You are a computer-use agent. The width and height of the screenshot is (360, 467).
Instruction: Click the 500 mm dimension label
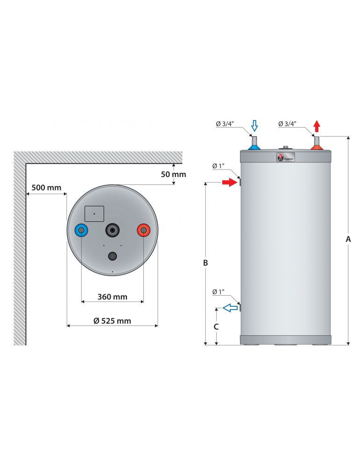pyautogui.click(x=46, y=188)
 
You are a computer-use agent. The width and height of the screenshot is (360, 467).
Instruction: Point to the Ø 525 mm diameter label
pyautogui.click(x=112, y=321)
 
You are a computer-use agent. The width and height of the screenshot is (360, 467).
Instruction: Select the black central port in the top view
pyautogui.click(x=113, y=229)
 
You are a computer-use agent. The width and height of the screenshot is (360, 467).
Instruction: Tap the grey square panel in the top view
pyautogui.click(x=94, y=213)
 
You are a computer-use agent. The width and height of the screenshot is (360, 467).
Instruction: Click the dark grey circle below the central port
pyautogui.click(x=113, y=256)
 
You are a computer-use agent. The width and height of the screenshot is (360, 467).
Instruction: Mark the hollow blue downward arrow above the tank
pyautogui.click(x=254, y=125)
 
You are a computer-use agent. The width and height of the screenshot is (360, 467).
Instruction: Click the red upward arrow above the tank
pyautogui.click(x=317, y=125)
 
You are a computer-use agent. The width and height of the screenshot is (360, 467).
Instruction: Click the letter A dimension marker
pyautogui.click(x=348, y=239)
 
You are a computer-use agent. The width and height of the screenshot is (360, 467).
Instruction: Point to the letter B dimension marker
pyautogui.click(x=205, y=263)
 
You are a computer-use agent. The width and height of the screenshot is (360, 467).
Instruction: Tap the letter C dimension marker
pyautogui.click(x=216, y=327)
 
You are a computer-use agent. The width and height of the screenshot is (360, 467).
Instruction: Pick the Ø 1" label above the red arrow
pyautogui.click(x=218, y=166)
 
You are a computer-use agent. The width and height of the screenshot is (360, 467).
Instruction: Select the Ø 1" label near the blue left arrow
pyautogui.click(x=218, y=292)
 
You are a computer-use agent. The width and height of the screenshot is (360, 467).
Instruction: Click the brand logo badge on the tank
pyautogui.click(x=285, y=157)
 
